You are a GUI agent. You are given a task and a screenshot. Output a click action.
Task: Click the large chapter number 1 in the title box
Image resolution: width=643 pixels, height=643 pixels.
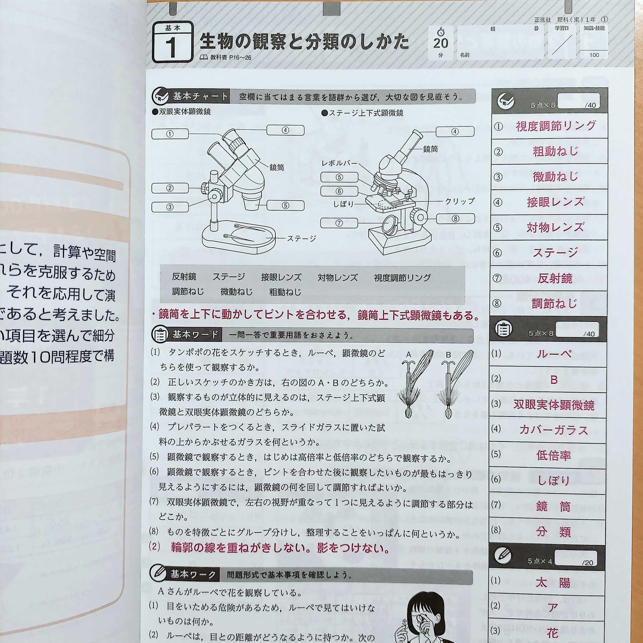(x=171, y=47)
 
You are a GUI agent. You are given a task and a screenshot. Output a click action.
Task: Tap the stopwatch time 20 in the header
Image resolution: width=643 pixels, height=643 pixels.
(x=440, y=43)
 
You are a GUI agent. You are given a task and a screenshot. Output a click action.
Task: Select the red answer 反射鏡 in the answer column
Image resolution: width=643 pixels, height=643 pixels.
(x=555, y=278)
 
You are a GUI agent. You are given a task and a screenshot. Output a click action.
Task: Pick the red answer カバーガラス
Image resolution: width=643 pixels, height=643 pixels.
(x=553, y=430)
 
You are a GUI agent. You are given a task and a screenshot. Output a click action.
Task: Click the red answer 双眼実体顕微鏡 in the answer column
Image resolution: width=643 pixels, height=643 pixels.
(x=554, y=405)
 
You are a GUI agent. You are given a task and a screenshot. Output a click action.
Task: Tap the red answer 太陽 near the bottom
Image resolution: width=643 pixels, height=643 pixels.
(x=553, y=583)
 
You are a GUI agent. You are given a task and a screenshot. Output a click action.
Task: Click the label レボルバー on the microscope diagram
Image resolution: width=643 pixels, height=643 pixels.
(x=339, y=163)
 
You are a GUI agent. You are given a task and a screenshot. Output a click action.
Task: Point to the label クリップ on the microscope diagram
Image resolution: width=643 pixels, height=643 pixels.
(x=459, y=201)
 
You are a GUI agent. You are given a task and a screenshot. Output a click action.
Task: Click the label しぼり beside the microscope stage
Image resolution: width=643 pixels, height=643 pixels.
(x=343, y=204)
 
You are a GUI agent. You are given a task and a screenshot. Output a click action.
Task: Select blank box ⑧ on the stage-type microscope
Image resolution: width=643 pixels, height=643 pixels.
(x=455, y=219)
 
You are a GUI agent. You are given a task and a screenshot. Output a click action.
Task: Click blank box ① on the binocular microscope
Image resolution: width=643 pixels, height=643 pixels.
(x=170, y=134)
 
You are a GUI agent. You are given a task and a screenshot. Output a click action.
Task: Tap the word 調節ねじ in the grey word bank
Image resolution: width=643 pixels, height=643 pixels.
(x=188, y=291)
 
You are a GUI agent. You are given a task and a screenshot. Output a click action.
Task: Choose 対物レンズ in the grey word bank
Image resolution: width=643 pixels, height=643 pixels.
(x=338, y=278)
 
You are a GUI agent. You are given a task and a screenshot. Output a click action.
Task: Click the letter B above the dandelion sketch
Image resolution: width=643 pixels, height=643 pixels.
(x=448, y=355)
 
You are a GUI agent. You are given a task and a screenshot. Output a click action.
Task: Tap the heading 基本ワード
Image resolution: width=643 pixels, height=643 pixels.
(x=195, y=335)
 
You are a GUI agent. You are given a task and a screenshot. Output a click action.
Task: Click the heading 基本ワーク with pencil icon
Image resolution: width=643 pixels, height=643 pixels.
(x=193, y=574)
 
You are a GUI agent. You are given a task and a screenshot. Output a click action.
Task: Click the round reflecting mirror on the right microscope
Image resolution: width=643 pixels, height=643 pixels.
(x=390, y=224)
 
